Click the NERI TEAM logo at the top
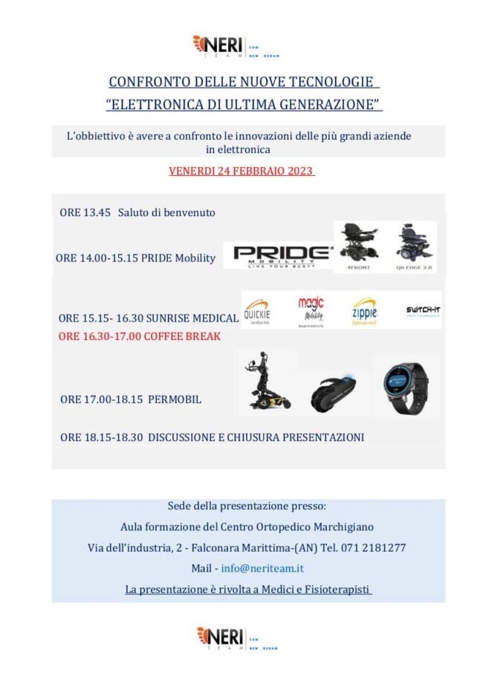235,46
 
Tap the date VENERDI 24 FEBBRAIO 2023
241,171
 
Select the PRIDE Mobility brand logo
282,255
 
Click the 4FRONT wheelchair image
360,244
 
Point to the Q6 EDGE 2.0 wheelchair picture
415,244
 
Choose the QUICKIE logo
257,310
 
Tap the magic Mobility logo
311,310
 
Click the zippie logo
364,310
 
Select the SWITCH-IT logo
422,310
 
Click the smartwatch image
405,387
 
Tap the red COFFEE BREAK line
140,336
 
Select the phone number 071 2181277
376,547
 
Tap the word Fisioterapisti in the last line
331,589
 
